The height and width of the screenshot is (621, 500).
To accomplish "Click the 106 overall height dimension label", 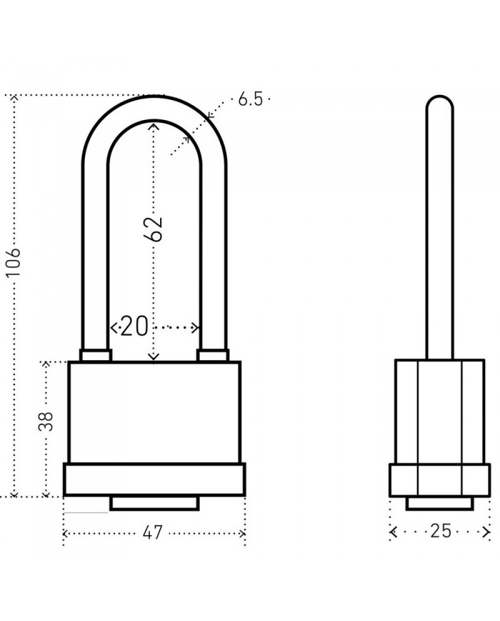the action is pos(14,263).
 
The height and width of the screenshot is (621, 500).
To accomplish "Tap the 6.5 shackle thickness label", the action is pos(250,99).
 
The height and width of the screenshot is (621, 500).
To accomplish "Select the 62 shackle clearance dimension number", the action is pos(153,229).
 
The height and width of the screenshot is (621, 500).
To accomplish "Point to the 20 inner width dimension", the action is pos(134,327).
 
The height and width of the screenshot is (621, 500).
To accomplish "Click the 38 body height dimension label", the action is pos(46,422).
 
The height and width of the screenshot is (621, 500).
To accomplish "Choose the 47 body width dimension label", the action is pos(153,532).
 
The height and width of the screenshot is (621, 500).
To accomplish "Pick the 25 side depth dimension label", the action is pos(441,531).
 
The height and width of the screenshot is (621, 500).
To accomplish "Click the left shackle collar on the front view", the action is pos(96,355).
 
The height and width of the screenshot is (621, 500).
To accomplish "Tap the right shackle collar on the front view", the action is pos(213,355).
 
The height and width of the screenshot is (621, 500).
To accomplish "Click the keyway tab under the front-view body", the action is pos(154,502).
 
